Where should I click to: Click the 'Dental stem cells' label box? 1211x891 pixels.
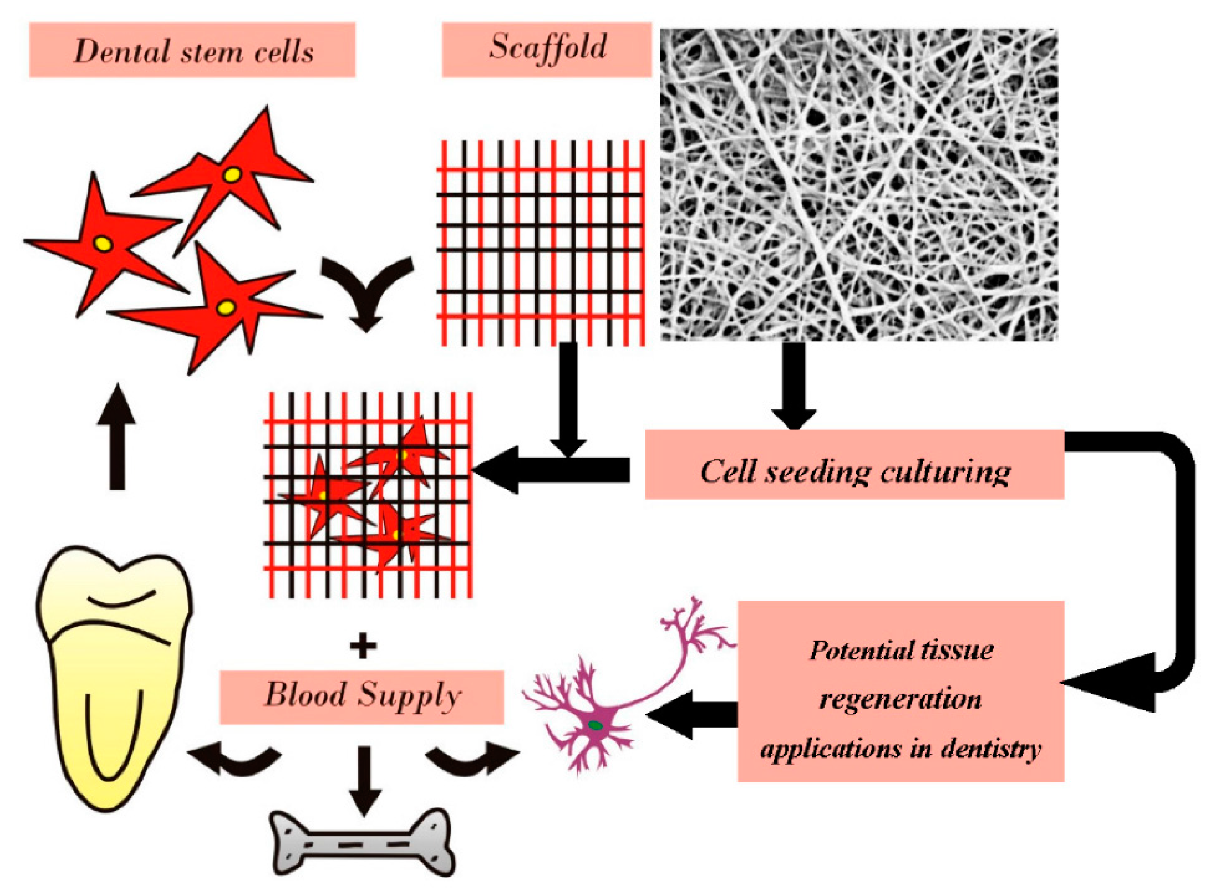click(192, 50)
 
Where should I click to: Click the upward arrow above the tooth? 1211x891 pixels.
click(116, 437)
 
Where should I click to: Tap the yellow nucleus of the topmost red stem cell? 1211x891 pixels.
click(233, 174)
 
